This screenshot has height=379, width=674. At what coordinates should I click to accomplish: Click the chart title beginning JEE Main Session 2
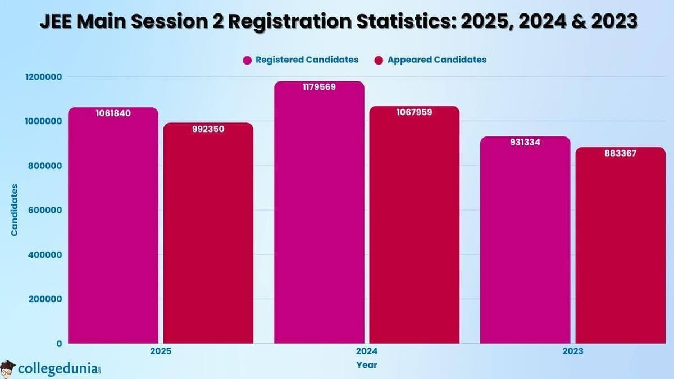click(x=337, y=22)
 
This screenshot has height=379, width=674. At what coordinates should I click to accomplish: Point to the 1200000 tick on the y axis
click(x=44, y=77)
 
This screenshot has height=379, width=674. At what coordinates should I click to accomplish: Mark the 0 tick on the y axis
click(x=58, y=343)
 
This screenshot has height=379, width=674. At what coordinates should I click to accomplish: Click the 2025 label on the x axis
click(x=161, y=351)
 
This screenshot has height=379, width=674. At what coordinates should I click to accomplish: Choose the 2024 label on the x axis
click(x=367, y=351)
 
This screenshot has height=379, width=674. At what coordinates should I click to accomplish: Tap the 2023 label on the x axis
click(x=572, y=351)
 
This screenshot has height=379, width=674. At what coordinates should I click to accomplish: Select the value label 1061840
click(x=113, y=113)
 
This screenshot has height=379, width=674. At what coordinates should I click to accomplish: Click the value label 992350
click(x=208, y=129)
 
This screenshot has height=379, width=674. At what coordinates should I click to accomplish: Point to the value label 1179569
click(x=319, y=87)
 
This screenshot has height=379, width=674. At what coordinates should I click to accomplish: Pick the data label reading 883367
click(x=620, y=153)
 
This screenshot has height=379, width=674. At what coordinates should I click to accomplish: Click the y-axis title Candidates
click(x=15, y=209)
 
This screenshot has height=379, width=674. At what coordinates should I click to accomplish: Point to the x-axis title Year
click(x=367, y=365)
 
